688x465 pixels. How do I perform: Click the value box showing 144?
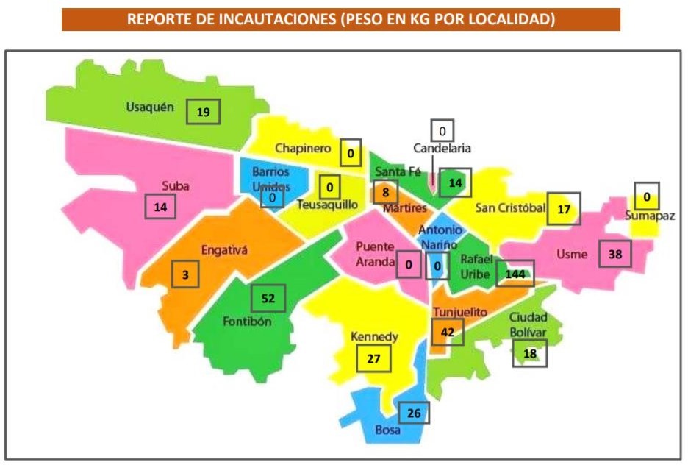pyautogui.click(x=515, y=274)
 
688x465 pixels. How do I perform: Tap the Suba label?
pyautogui.click(x=176, y=186)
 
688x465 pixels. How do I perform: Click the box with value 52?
pyautogui.click(x=268, y=298)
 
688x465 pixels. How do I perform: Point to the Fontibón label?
pyautogui.click(x=247, y=322)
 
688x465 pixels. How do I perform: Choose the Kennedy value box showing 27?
pyautogui.click(x=373, y=358)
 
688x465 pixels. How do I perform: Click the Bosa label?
pyautogui.click(x=387, y=430)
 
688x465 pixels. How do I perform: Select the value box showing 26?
pyautogui.click(x=413, y=413)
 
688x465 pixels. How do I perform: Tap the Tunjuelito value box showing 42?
pyautogui.click(x=447, y=332)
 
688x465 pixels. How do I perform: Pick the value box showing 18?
pyautogui.click(x=529, y=354)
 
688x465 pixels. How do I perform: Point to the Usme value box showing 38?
pyautogui.click(x=615, y=255)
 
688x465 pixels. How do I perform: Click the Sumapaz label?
pyautogui.click(x=650, y=216)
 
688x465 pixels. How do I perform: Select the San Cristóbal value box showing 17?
pyautogui.click(x=564, y=208)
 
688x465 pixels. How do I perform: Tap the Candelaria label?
pyautogui.click(x=442, y=149)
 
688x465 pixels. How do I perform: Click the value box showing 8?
pyautogui.click(x=384, y=193)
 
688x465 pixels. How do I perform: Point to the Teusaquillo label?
pyautogui.click(x=327, y=205)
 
